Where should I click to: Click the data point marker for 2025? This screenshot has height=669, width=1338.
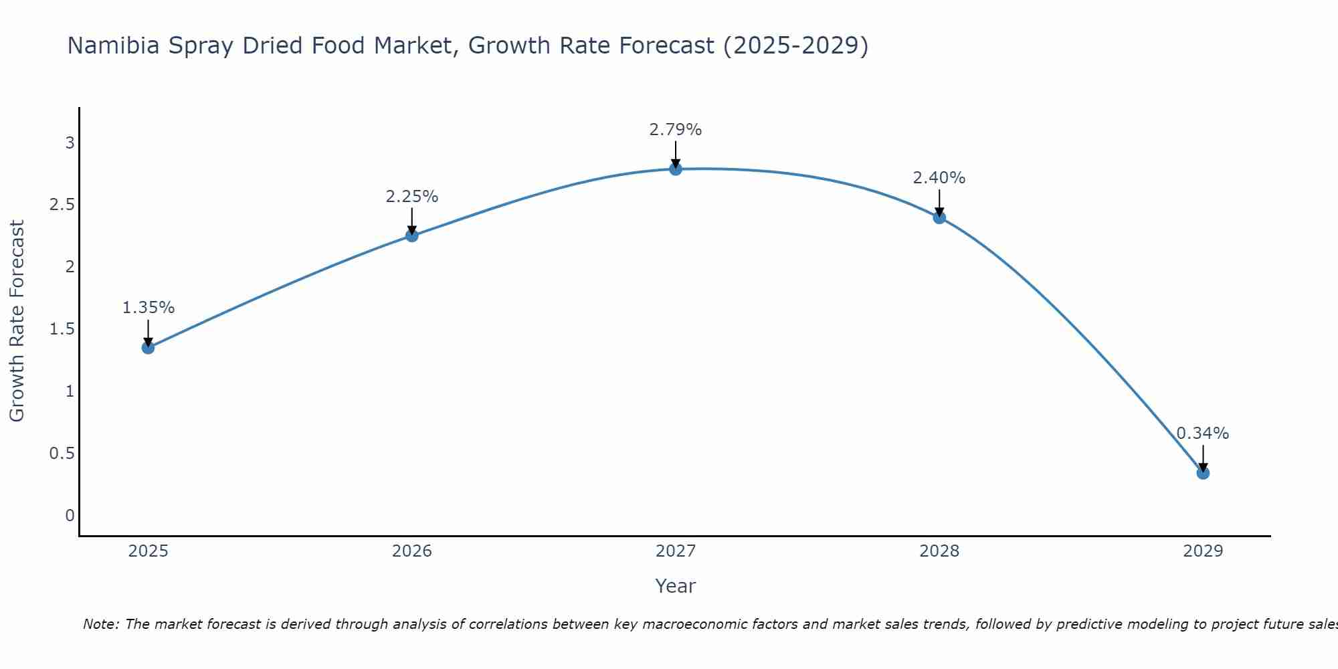point(148,347)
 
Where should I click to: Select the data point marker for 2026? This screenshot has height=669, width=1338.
point(411,235)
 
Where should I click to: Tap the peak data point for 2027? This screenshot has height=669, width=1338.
point(675,169)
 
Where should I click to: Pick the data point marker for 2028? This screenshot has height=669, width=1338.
point(939,217)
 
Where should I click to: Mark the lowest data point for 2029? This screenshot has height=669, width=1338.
point(1202,473)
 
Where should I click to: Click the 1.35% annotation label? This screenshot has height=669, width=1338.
point(148,308)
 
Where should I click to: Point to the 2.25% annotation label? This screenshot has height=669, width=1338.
point(411,197)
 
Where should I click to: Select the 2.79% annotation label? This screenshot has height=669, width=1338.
point(675,130)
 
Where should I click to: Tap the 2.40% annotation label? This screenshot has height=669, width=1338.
point(939,178)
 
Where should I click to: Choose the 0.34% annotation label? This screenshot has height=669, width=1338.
point(1202,434)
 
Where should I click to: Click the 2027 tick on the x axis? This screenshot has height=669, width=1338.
point(675,551)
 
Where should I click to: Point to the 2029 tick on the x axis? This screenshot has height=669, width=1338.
point(1202,551)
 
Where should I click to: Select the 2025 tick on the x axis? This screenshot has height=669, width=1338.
point(148,551)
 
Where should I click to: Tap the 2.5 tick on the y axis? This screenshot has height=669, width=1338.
point(62,205)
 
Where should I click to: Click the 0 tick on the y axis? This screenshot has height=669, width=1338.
point(70,516)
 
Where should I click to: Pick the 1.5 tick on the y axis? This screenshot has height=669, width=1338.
point(62,329)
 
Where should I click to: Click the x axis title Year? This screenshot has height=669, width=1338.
point(675,586)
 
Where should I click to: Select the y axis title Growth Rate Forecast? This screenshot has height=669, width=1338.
point(17,320)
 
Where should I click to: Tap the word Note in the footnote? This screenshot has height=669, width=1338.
point(100,624)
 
